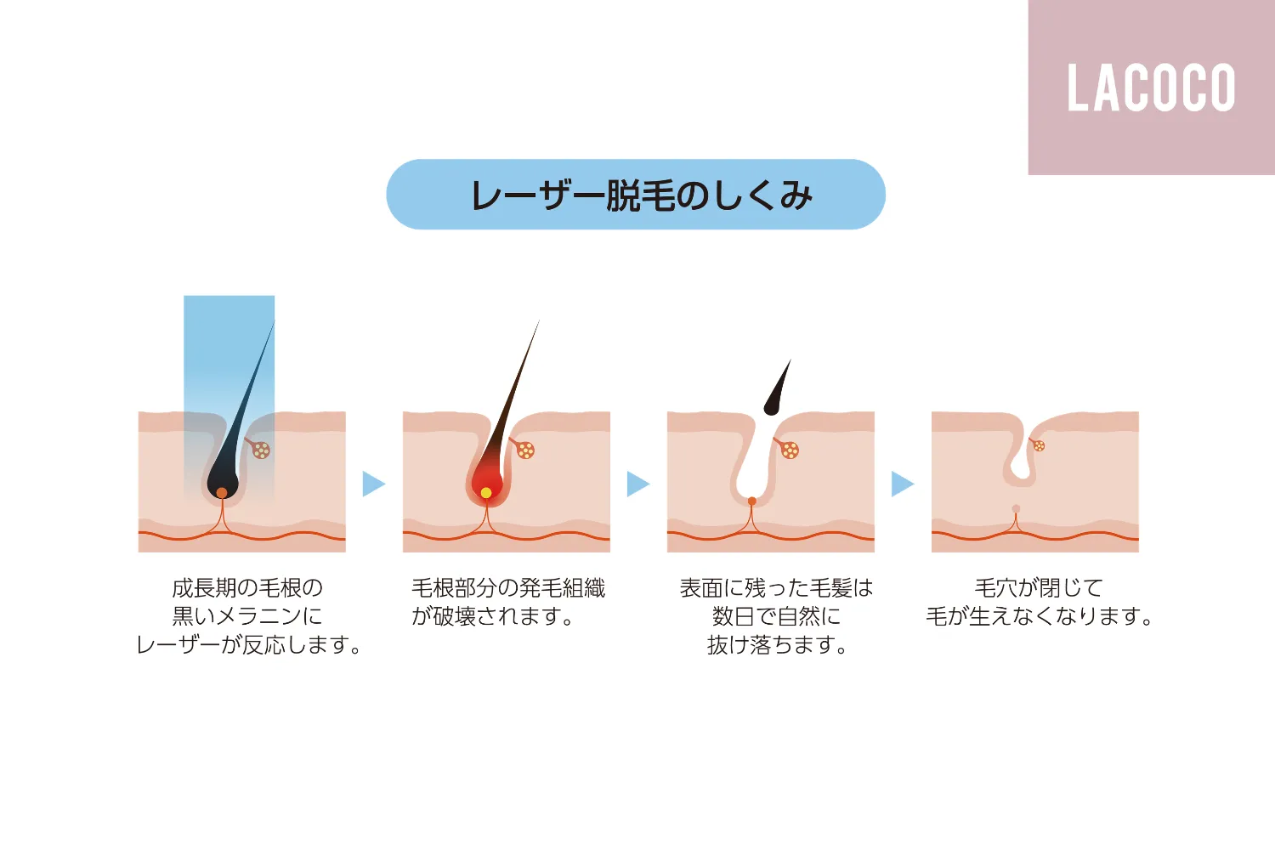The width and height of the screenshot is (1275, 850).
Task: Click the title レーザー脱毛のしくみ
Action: tap(642, 195)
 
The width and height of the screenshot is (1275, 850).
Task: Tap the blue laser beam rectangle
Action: tap(229, 399)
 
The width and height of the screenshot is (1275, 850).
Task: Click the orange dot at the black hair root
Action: tap(222, 492)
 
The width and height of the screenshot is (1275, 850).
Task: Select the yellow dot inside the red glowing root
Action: tap(486, 492)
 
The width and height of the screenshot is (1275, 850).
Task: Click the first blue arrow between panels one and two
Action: tap(374, 484)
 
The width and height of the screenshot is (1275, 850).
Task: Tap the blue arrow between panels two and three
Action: tap(638, 484)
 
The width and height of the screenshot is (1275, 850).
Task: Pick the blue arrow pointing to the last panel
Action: tap(903, 484)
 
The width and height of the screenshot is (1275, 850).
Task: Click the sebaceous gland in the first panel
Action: tap(261, 450)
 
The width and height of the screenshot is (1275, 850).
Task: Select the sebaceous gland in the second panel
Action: tap(524, 450)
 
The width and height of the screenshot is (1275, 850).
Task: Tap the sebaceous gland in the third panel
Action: tap(789, 450)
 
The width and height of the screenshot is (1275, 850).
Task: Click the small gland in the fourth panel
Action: tap(1038, 445)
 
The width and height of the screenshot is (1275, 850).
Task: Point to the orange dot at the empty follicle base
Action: tap(752, 501)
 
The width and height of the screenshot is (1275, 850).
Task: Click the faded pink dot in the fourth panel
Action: tap(1016, 508)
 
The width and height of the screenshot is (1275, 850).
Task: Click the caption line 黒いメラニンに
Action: tap(247, 616)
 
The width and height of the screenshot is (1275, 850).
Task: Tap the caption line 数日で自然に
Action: tap(776, 616)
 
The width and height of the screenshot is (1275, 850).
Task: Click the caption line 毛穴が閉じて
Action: tap(1039, 587)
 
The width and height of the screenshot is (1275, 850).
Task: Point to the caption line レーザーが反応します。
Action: tap(249, 645)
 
